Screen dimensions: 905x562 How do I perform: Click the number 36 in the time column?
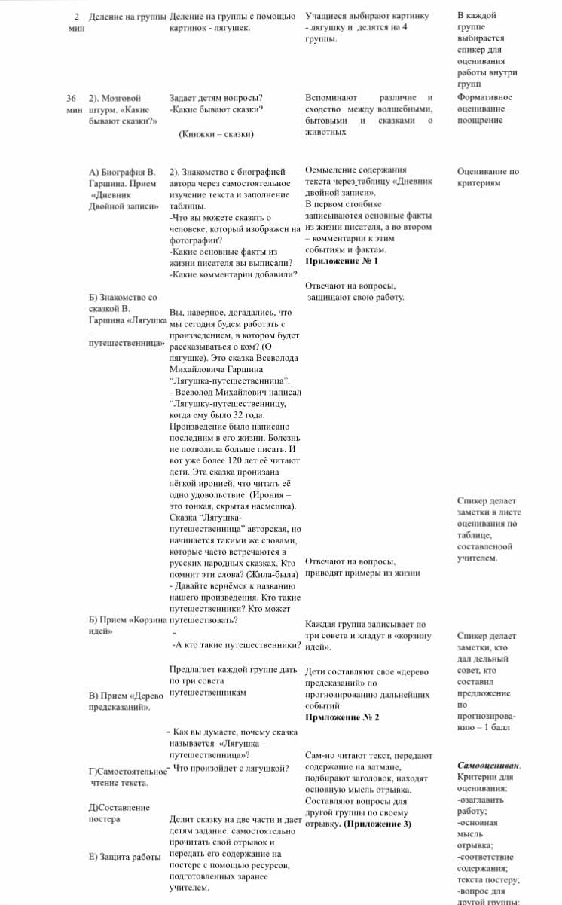pos(71,98)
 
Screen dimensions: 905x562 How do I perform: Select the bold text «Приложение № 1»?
pos(341,261)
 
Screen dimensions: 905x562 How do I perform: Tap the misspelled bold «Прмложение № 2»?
pos(342,717)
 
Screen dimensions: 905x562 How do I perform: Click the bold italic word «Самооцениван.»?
pos(489,766)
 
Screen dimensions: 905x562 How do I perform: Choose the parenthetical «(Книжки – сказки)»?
pos(216,134)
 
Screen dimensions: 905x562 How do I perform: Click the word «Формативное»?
pos(484,98)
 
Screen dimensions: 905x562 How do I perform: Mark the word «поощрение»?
pos(480,121)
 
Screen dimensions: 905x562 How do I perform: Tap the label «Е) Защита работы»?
pos(125,857)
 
